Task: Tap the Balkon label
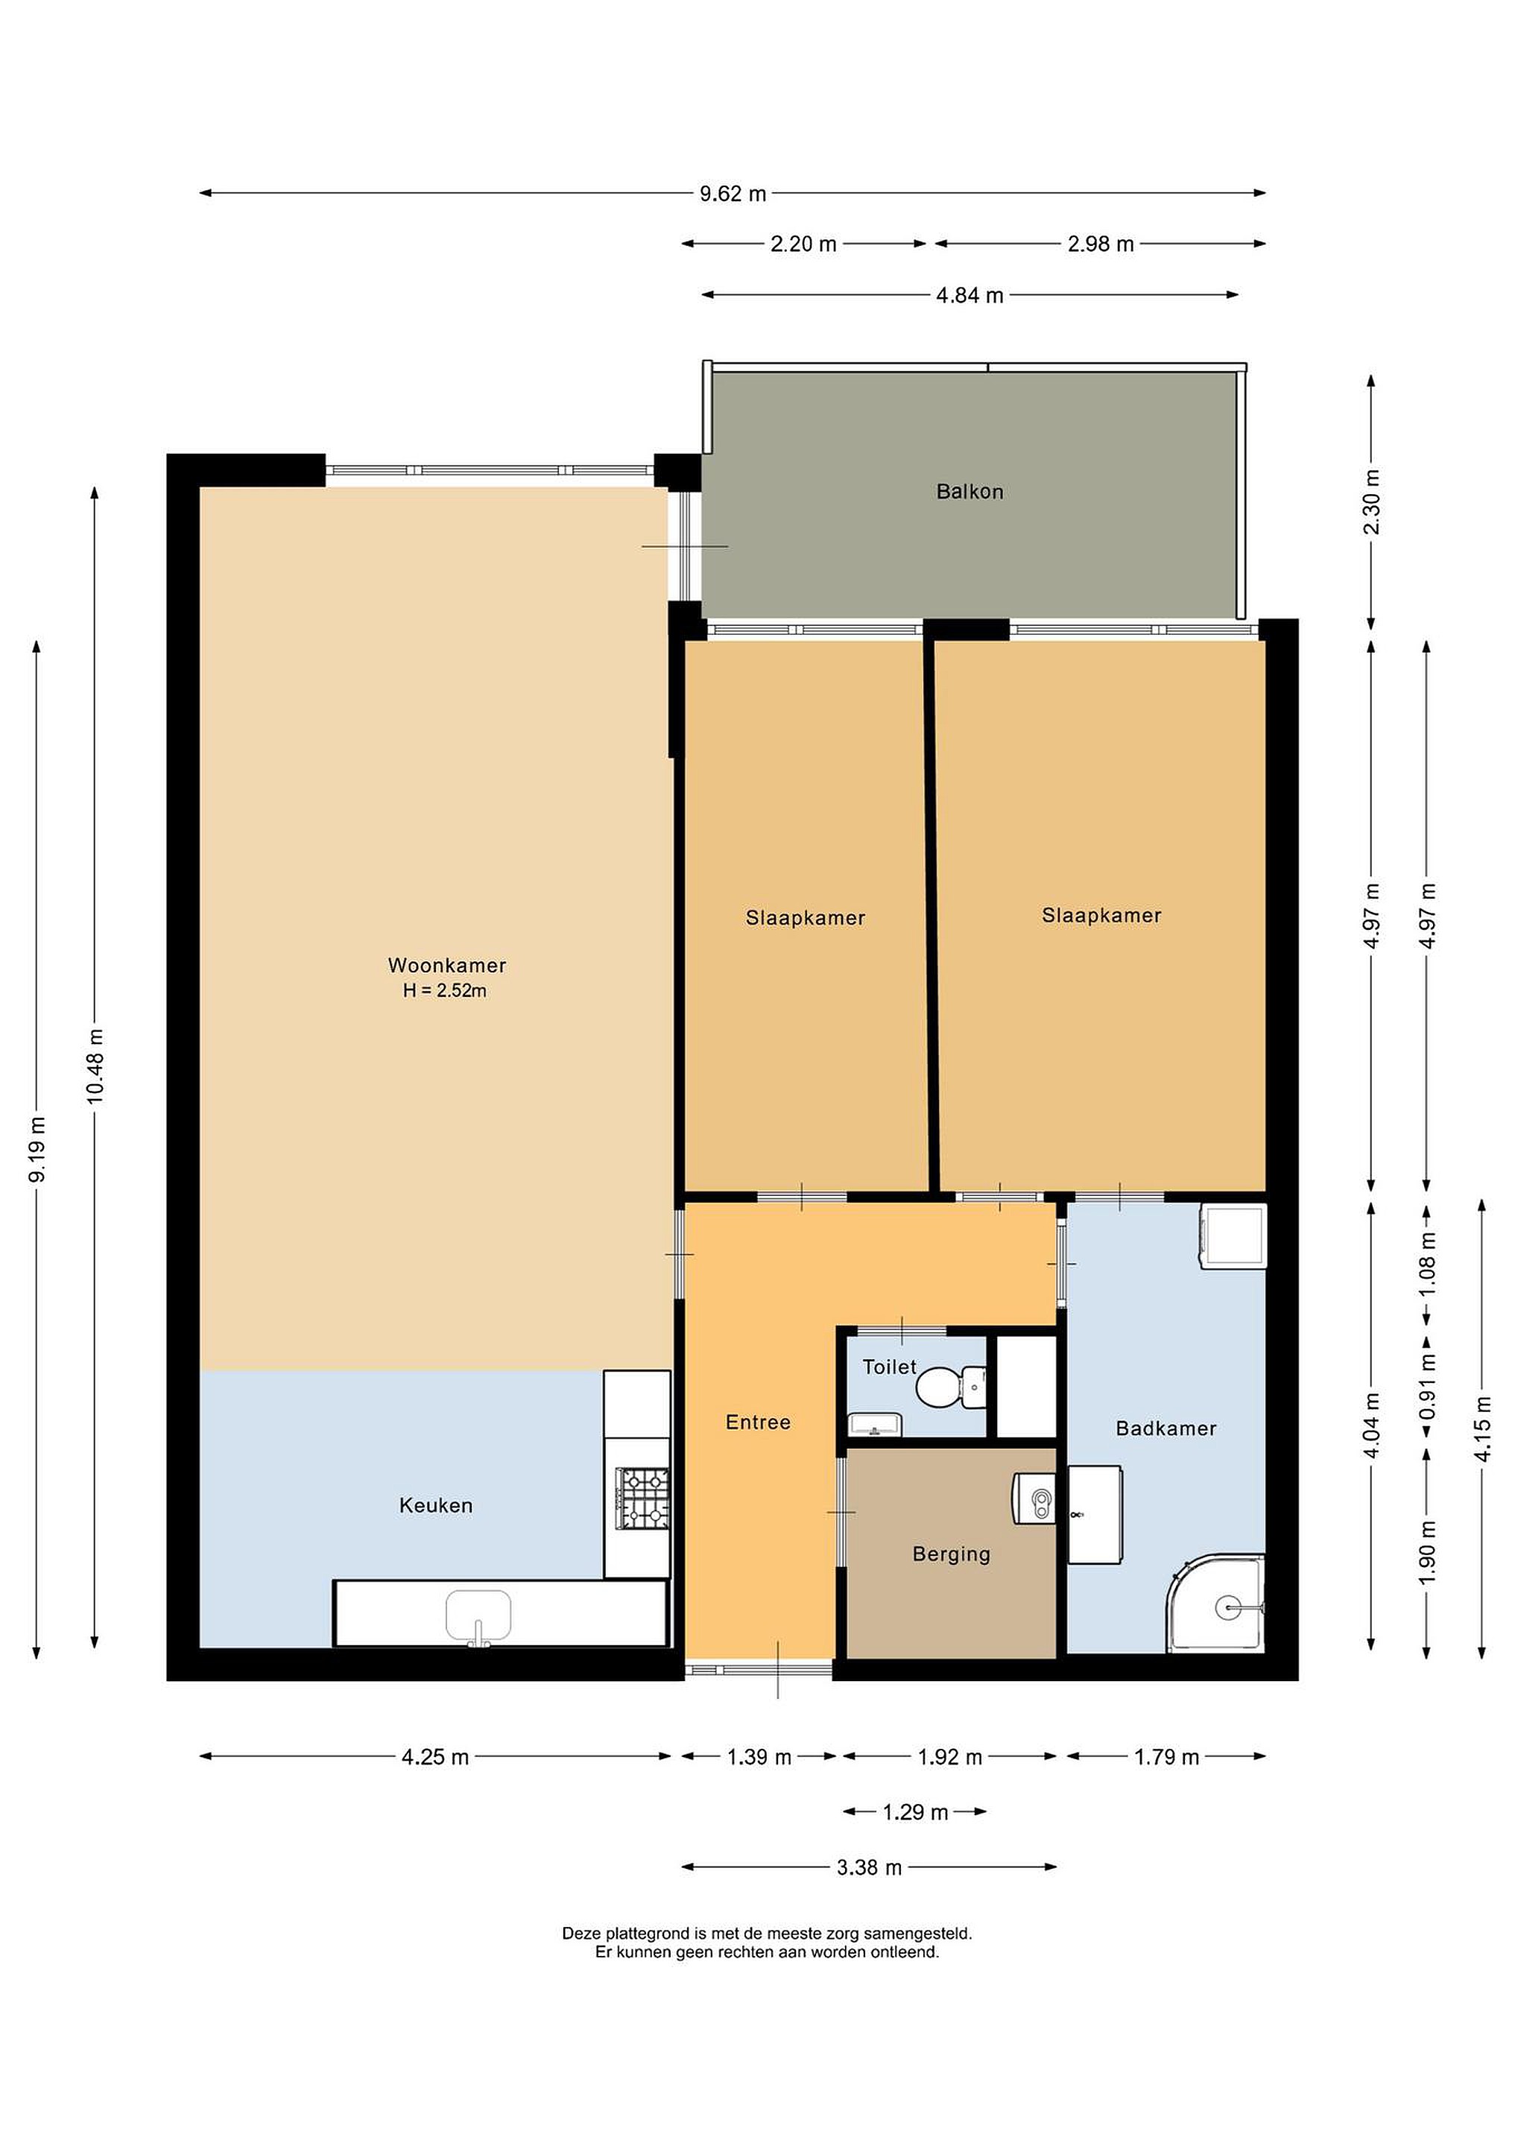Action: click(x=970, y=492)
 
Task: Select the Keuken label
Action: click(x=436, y=1505)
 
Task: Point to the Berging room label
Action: click(x=951, y=1554)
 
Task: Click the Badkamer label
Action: click(x=1166, y=1428)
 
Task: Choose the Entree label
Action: click(x=758, y=1422)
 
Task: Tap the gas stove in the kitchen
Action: click(x=642, y=1498)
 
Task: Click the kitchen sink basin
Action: click(x=478, y=1615)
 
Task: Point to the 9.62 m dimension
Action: click(x=733, y=194)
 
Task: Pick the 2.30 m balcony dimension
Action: click(x=1371, y=502)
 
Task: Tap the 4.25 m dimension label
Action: click(x=436, y=1757)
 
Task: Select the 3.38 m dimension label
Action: click(x=870, y=1867)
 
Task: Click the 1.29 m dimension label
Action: click(x=915, y=1812)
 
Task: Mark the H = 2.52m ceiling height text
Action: click(x=445, y=991)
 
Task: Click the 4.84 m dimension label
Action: click(x=970, y=295)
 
